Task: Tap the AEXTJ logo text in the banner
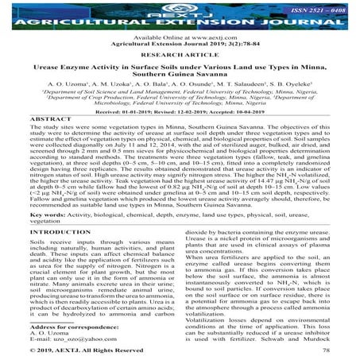pyautogui.click(x=180, y=10)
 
